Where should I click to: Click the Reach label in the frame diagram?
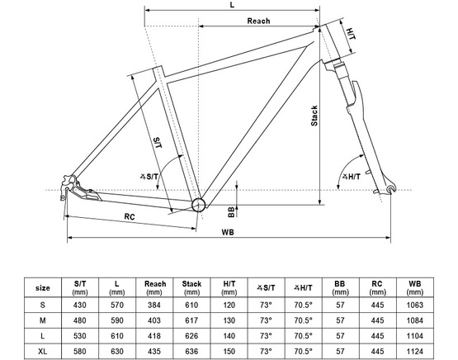259,20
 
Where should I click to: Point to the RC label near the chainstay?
130,216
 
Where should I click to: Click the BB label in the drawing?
231,211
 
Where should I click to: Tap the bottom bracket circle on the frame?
199,204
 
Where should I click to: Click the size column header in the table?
43,287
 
